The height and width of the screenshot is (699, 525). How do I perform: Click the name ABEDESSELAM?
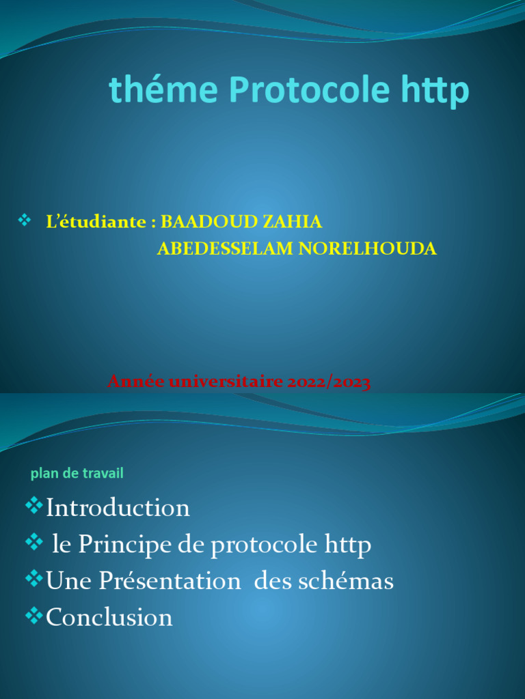pos(226,249)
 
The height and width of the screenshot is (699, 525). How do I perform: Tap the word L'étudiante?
pos(97,222)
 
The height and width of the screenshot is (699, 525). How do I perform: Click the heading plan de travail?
pos(77,473)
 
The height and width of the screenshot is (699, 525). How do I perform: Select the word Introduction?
pos(118,508)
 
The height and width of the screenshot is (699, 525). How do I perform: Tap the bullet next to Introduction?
pos(33,506)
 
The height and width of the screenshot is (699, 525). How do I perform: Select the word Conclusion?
pos(109,618)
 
